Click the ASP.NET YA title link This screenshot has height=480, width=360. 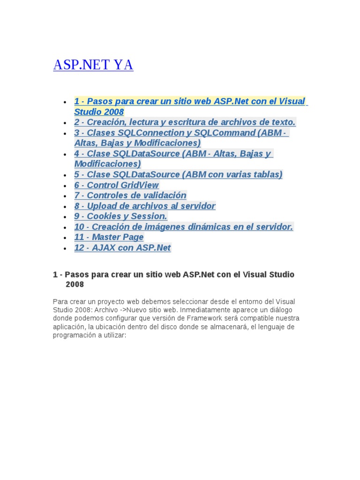(x=93, y=65)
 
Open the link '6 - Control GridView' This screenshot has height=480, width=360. (x=116, y=185)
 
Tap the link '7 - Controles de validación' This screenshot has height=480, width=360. (x=130, y=195)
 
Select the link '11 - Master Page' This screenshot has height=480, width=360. (x=109, y=237)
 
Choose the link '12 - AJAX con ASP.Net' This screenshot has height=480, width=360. (x=122, y=247)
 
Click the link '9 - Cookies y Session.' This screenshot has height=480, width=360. (x=120, y=216)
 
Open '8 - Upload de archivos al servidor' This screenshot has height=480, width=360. (x=144, y=206)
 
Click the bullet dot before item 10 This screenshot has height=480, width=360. (x=64, y=227)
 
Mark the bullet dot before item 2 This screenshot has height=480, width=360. (x=64, y=123)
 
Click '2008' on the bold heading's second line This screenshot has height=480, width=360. (x=75, y=285)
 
